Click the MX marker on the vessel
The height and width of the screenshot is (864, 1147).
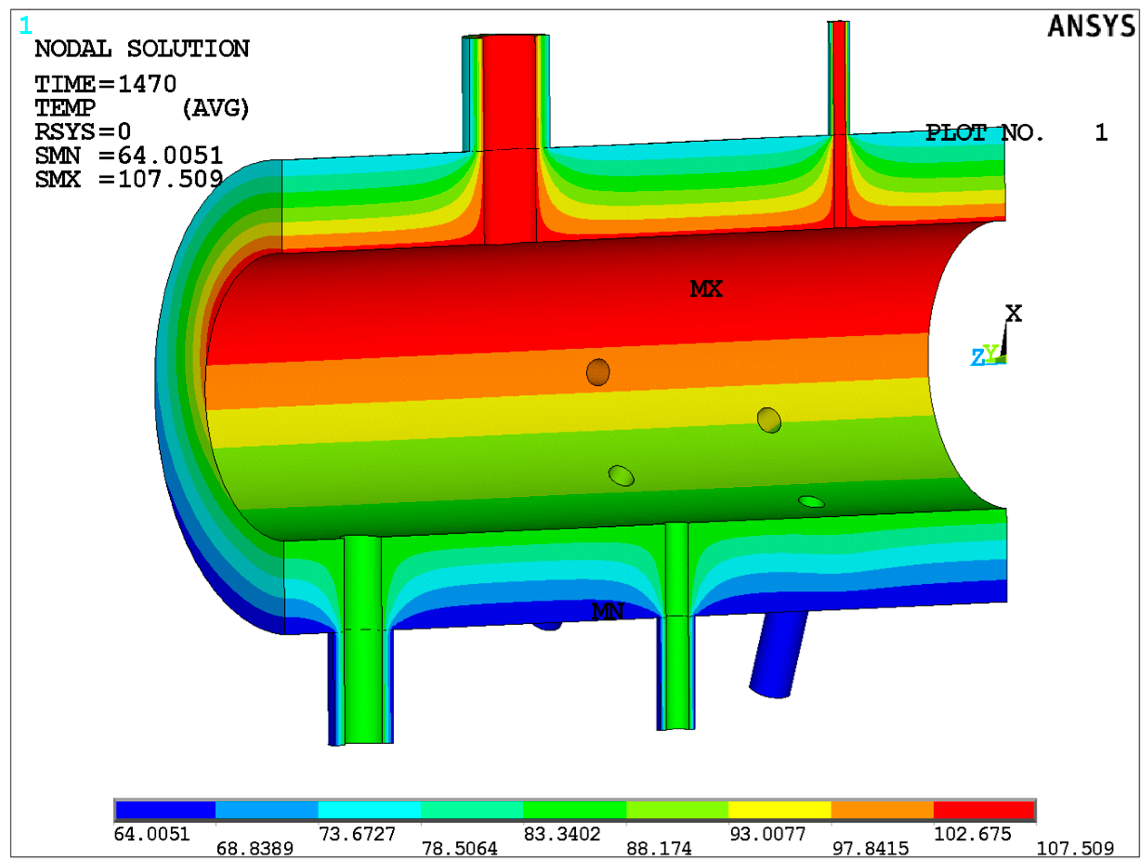pyautogui.click(x=706, y=289)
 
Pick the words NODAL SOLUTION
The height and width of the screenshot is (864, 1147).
pyautogui.click(x=141, y=49)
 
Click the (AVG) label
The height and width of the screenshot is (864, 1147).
pyautogui.click(x=216, y=108)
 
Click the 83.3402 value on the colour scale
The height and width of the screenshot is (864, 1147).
pyautogui.click(x=562, y=834)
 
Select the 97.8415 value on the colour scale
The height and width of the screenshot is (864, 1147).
pyautogui.click(x=870, y=849)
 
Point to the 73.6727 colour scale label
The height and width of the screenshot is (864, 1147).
pyautogui.click(x=357, y=834)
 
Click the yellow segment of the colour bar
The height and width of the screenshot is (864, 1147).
pyautogui.click(x=779, y=810)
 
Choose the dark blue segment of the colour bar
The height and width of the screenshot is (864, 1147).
pyautogui.click(x=165, y=810)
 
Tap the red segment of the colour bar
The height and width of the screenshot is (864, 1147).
pyautogui.click(x=983, y=810)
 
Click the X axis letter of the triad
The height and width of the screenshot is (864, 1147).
pyautogui.click(x=1014, y=313)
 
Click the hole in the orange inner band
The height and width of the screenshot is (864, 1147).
pyautogui.click(x=598, y=372)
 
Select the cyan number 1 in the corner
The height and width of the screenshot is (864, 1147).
pyautogui.click(x=25, y=25)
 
